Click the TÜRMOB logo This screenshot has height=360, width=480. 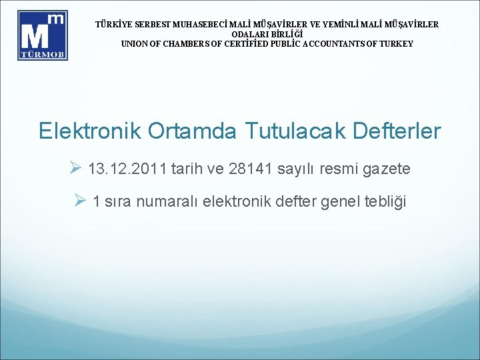(43, 35)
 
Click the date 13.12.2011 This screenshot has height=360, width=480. (127, 169)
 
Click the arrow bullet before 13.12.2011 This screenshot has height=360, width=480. (75, 169)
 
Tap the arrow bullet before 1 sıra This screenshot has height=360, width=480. (81, 201)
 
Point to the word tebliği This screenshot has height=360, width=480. (383, 201)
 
